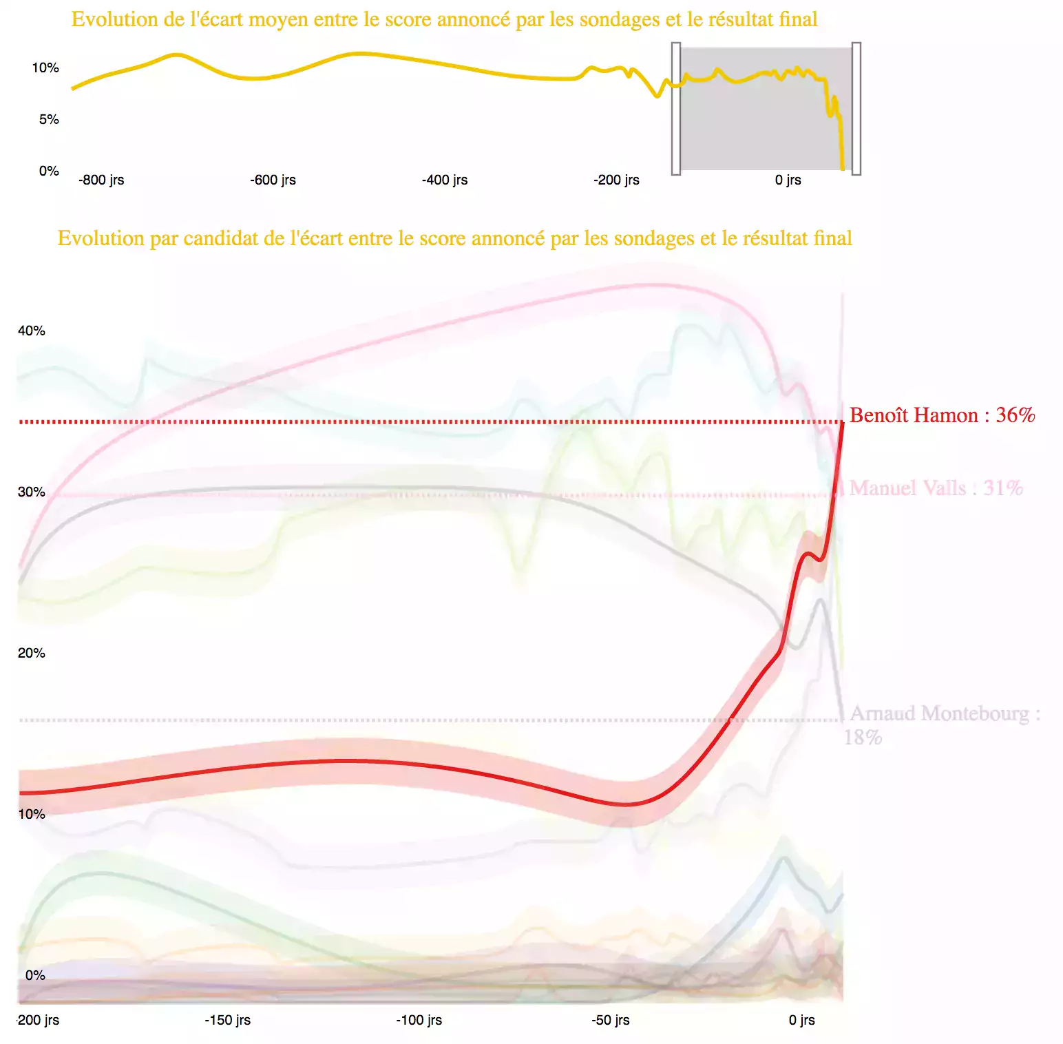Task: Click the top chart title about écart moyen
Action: pos(444,19)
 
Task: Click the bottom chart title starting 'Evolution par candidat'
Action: pos(454,238)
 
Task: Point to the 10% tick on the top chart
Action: pos(45,67)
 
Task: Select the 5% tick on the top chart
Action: pos(49,119)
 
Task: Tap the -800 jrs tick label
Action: pos(101,180)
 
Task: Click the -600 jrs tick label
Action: pos(273,180)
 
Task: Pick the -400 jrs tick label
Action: pos(445,180)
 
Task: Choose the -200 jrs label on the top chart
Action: pos(616,180)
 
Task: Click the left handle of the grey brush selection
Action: pos(676,108)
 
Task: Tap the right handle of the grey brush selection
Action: pos(856,108)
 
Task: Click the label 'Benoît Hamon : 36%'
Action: pos(942,415)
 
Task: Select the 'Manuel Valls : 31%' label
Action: pos(936,488)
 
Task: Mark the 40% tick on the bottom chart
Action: pos(32,331)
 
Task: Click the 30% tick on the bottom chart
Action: pos(32,492)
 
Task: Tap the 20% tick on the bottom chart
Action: pos(32,653)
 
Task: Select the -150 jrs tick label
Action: pos(227,1020)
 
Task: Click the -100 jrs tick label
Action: pos(419,1020)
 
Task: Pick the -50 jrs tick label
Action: pos(610,1020)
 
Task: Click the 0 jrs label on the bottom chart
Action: pos(801,1020)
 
